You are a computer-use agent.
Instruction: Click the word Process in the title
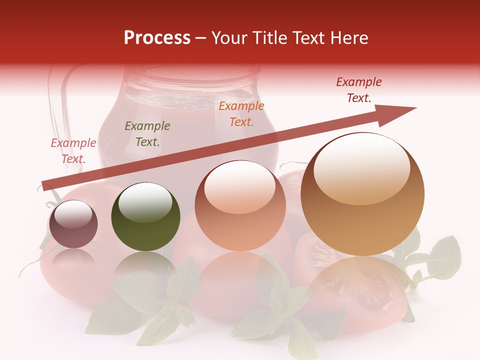[157, 38]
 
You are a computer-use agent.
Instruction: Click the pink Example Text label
[73, 151]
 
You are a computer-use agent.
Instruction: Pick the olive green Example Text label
[147, 134]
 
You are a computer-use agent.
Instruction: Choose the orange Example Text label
[241, 114]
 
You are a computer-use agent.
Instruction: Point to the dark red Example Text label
[359, 90]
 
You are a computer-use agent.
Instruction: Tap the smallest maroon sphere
[73, 224]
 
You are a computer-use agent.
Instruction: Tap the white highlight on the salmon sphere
[239, 187]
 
